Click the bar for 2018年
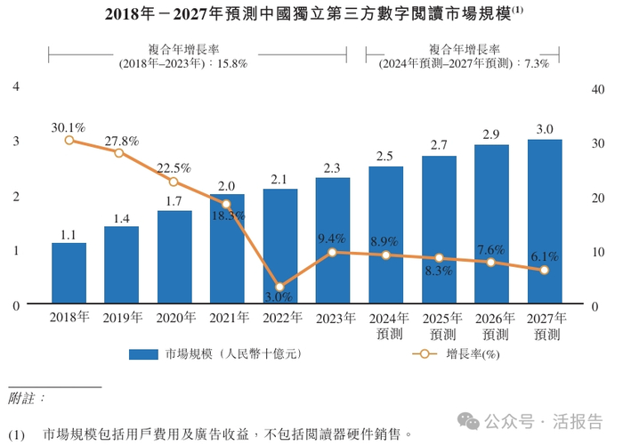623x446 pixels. pos(69,273)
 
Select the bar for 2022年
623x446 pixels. pos(280,247)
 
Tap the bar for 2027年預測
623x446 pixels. pos(545,222)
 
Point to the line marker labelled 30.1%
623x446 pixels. pos(69,140)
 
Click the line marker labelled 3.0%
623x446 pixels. pos(281,288)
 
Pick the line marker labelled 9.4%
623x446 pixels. pos(333,253)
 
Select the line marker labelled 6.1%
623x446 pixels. pos(545,270)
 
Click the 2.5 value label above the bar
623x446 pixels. pos(385,156)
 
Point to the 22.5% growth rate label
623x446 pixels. pos(174,167)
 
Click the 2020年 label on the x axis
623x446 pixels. pos(174,318)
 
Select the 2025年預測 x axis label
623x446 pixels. pos(439,326)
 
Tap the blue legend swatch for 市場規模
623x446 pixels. pos(143,354)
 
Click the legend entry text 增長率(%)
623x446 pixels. pos(471,354)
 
